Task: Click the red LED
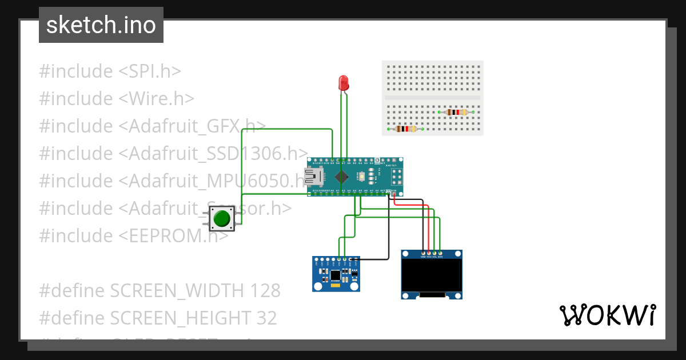pos(344,83)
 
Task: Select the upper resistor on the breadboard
pos(456,112)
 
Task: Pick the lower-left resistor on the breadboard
pos(405,129)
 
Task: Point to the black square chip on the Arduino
pos(341,177)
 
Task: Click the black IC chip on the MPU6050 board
pos(336,276)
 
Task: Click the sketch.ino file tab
pos(101,25)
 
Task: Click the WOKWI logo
pos(608,315)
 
